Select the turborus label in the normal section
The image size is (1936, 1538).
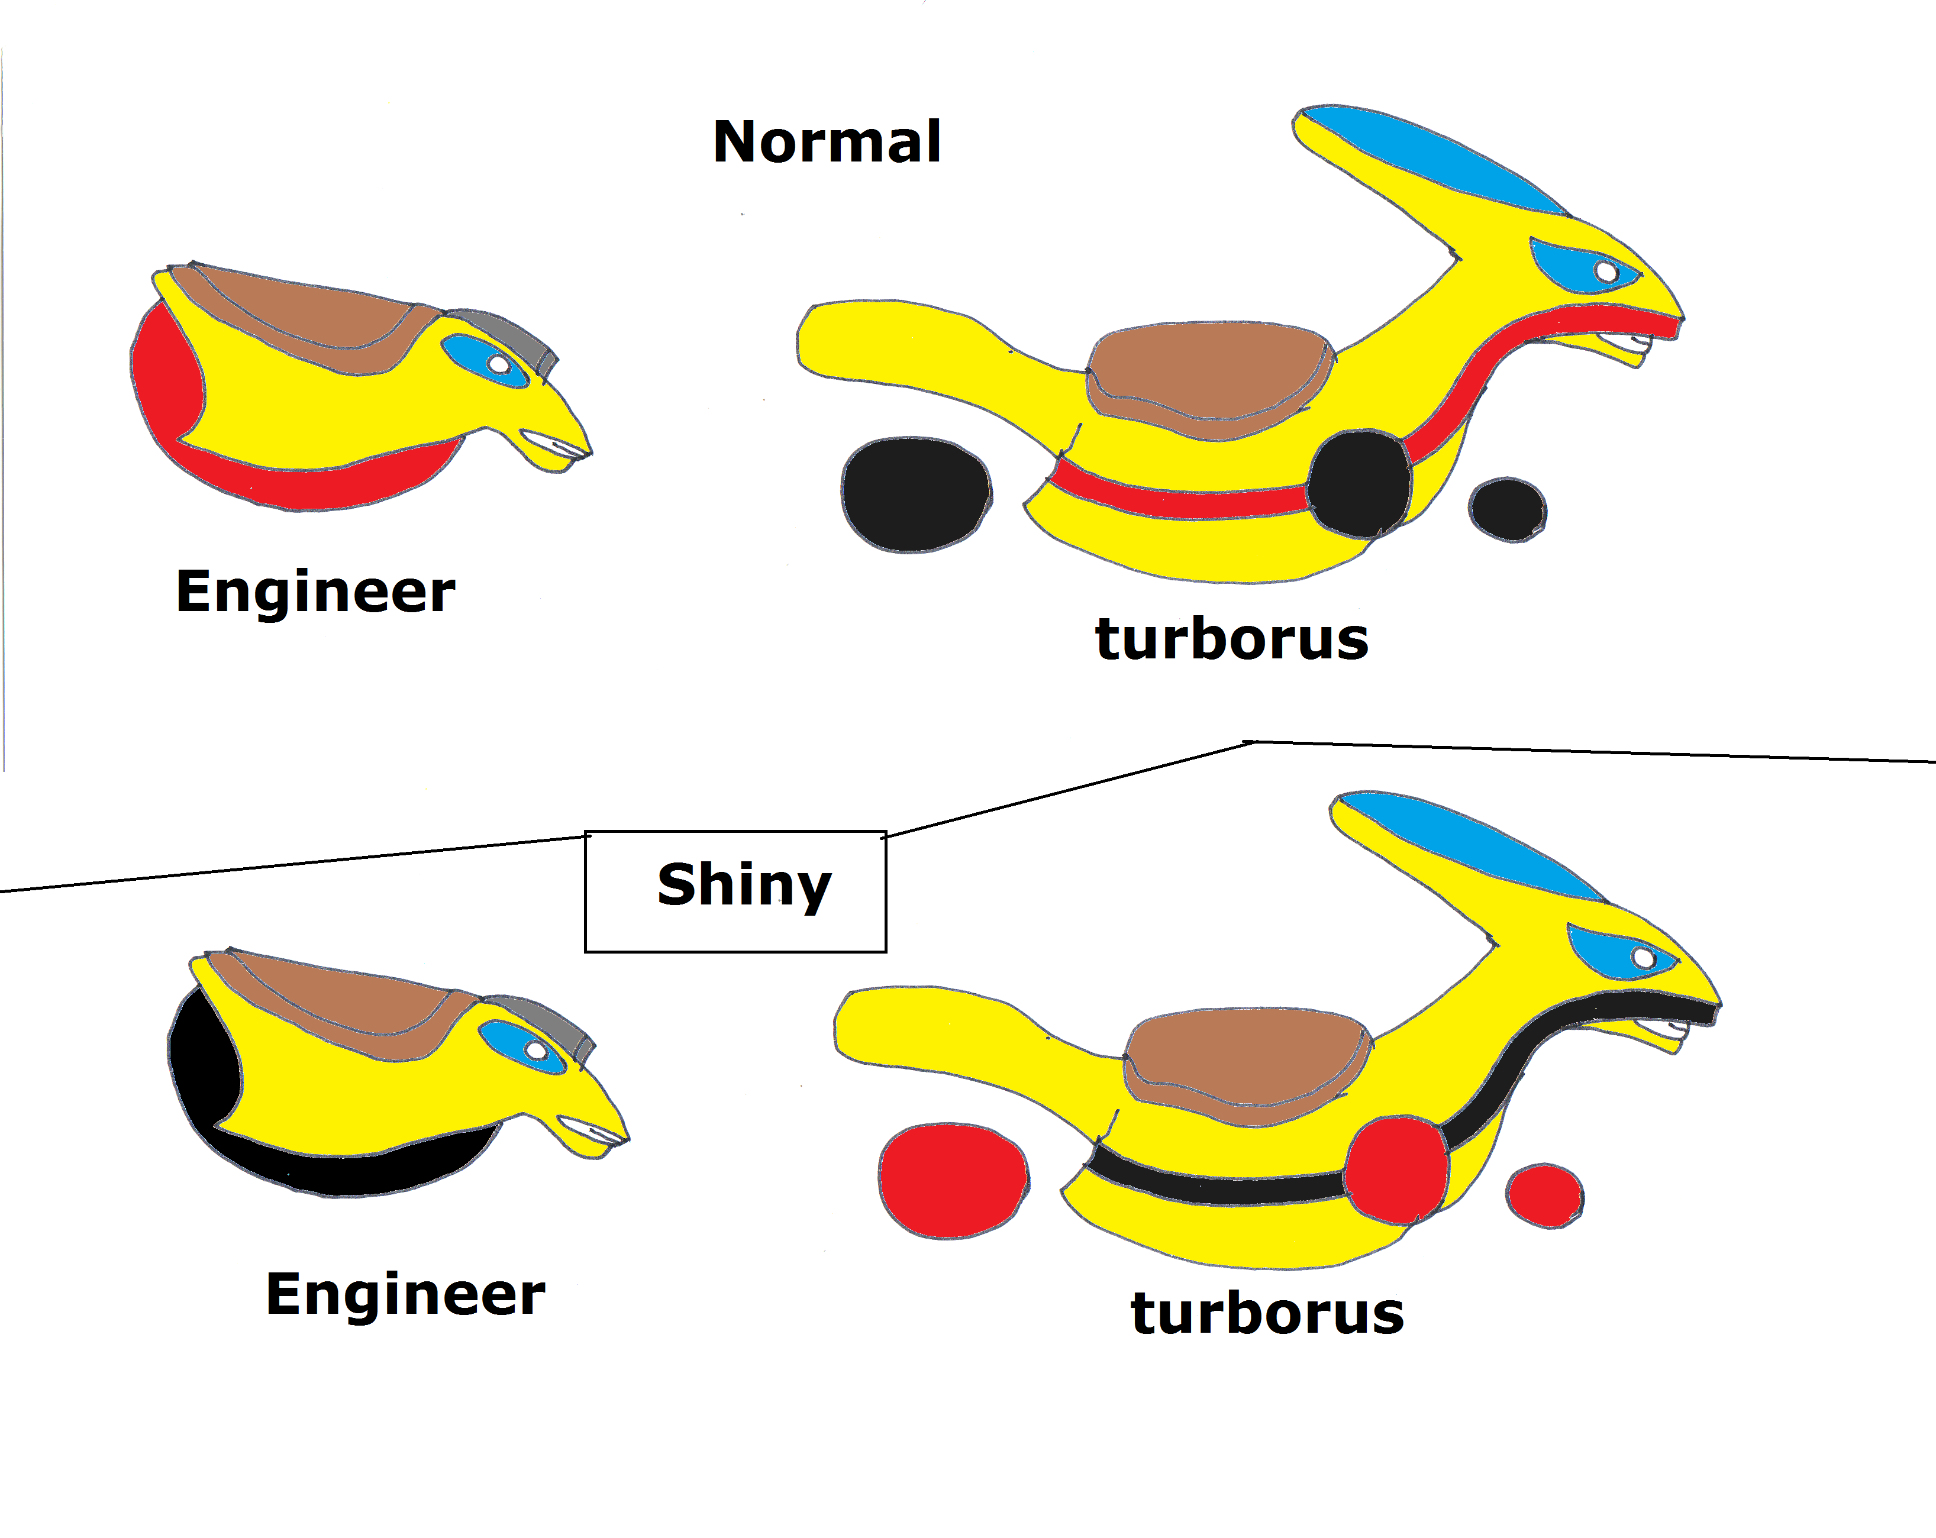tap(1231, 639)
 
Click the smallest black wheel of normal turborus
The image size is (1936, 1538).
tap(1508, 509)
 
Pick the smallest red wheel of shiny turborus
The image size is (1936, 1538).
tap(1544, 1195)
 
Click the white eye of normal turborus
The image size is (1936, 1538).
tap(1606, 271)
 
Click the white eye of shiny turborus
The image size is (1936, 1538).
tap(1643, 957)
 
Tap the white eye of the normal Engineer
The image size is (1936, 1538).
tap(498, 364)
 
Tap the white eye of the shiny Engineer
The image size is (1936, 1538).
tap(536, 1049)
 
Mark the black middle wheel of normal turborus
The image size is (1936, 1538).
tap(1359, 484)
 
